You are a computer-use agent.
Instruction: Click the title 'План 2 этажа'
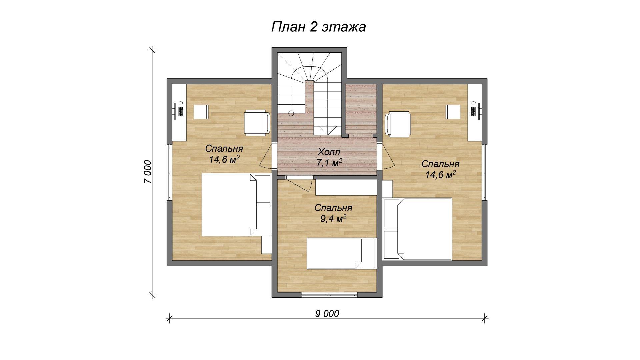coord(318,27)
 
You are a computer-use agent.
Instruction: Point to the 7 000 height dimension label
coord(147,172)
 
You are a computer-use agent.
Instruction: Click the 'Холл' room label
coord(329,152)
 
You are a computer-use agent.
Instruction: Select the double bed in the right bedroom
coord(418,229)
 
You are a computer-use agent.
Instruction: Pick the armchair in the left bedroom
coord(257,122)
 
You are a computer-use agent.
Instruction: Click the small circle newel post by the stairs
coord(291,113)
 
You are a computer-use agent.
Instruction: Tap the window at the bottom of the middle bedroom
coord(329,295)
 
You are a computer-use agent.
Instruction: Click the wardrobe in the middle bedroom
coord(346,188)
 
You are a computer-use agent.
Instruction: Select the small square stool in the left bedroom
coord(201,112)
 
